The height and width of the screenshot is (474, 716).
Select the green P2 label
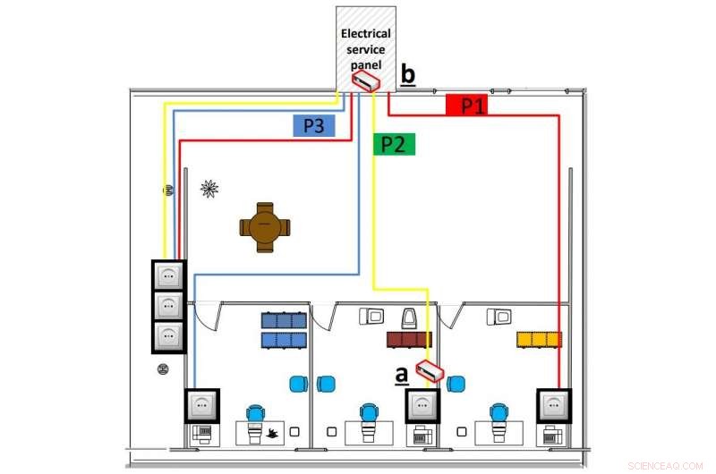tap(393, 144)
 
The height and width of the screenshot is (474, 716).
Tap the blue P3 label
tap(313, 126)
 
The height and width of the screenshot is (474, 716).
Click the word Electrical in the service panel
tap(366, 34)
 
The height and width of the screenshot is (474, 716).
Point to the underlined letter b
tap(407, 73)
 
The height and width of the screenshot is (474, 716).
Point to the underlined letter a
tap(402, 374)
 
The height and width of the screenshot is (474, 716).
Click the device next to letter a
tap(430, 372)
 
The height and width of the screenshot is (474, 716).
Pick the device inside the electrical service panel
tap(365, 81)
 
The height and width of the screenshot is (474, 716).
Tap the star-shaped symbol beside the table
tap(209, 188)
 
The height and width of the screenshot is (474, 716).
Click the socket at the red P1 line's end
tap(552, 405)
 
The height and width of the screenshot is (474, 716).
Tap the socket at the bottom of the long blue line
tap(201, 405)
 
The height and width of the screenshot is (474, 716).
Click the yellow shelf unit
tap(539, 340)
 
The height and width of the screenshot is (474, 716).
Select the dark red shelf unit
tap(409, 340)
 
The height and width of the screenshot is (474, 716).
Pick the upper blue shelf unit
tap(284, 320)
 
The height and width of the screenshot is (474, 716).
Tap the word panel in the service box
tap(366, 64)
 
